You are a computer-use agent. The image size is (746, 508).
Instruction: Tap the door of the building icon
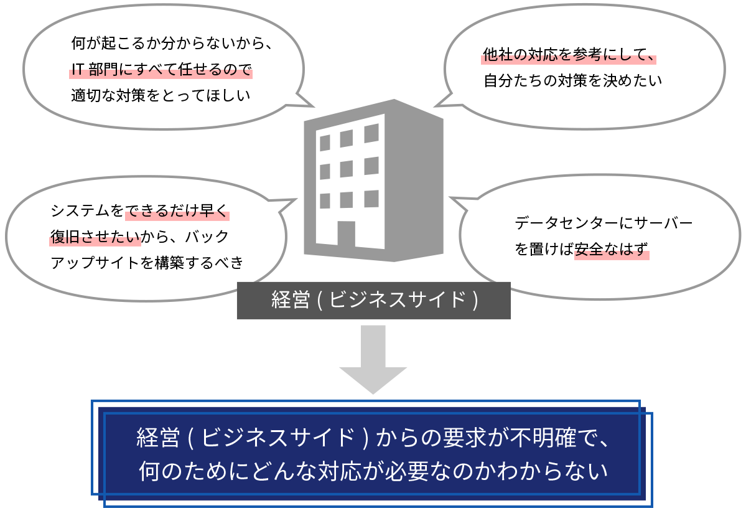tap(347, 234)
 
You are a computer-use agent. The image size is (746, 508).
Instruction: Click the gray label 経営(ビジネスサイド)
tap(373, 301)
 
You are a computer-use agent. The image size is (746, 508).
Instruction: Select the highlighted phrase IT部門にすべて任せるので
tap(161, 70)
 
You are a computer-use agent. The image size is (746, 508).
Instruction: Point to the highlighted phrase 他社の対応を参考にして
tap(569, 55)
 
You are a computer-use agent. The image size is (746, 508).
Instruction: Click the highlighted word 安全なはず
tap(612, 250)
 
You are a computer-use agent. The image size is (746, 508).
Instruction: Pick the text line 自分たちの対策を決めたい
tap(572, 81)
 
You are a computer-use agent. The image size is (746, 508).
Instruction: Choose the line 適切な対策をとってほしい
tap(161, 96)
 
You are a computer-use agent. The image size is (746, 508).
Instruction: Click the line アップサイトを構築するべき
tap(147, 262)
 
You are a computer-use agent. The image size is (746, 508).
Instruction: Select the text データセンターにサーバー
tap(604, 223)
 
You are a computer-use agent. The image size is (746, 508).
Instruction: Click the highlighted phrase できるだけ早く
tap(177, 211)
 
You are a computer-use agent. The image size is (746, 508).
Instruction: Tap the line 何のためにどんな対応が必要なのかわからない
tap(373, 471)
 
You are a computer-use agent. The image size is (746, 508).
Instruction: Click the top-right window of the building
tap(371, 133)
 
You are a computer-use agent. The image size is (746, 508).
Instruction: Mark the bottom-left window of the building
tap(325, 200)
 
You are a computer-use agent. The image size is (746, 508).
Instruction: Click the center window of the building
tap(347, 169)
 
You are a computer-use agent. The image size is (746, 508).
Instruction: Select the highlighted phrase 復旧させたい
tap(95, 237)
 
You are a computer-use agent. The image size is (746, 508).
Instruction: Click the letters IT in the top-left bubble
tap(78, 70)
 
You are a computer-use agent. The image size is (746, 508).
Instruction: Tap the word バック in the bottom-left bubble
tap(207, 237)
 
